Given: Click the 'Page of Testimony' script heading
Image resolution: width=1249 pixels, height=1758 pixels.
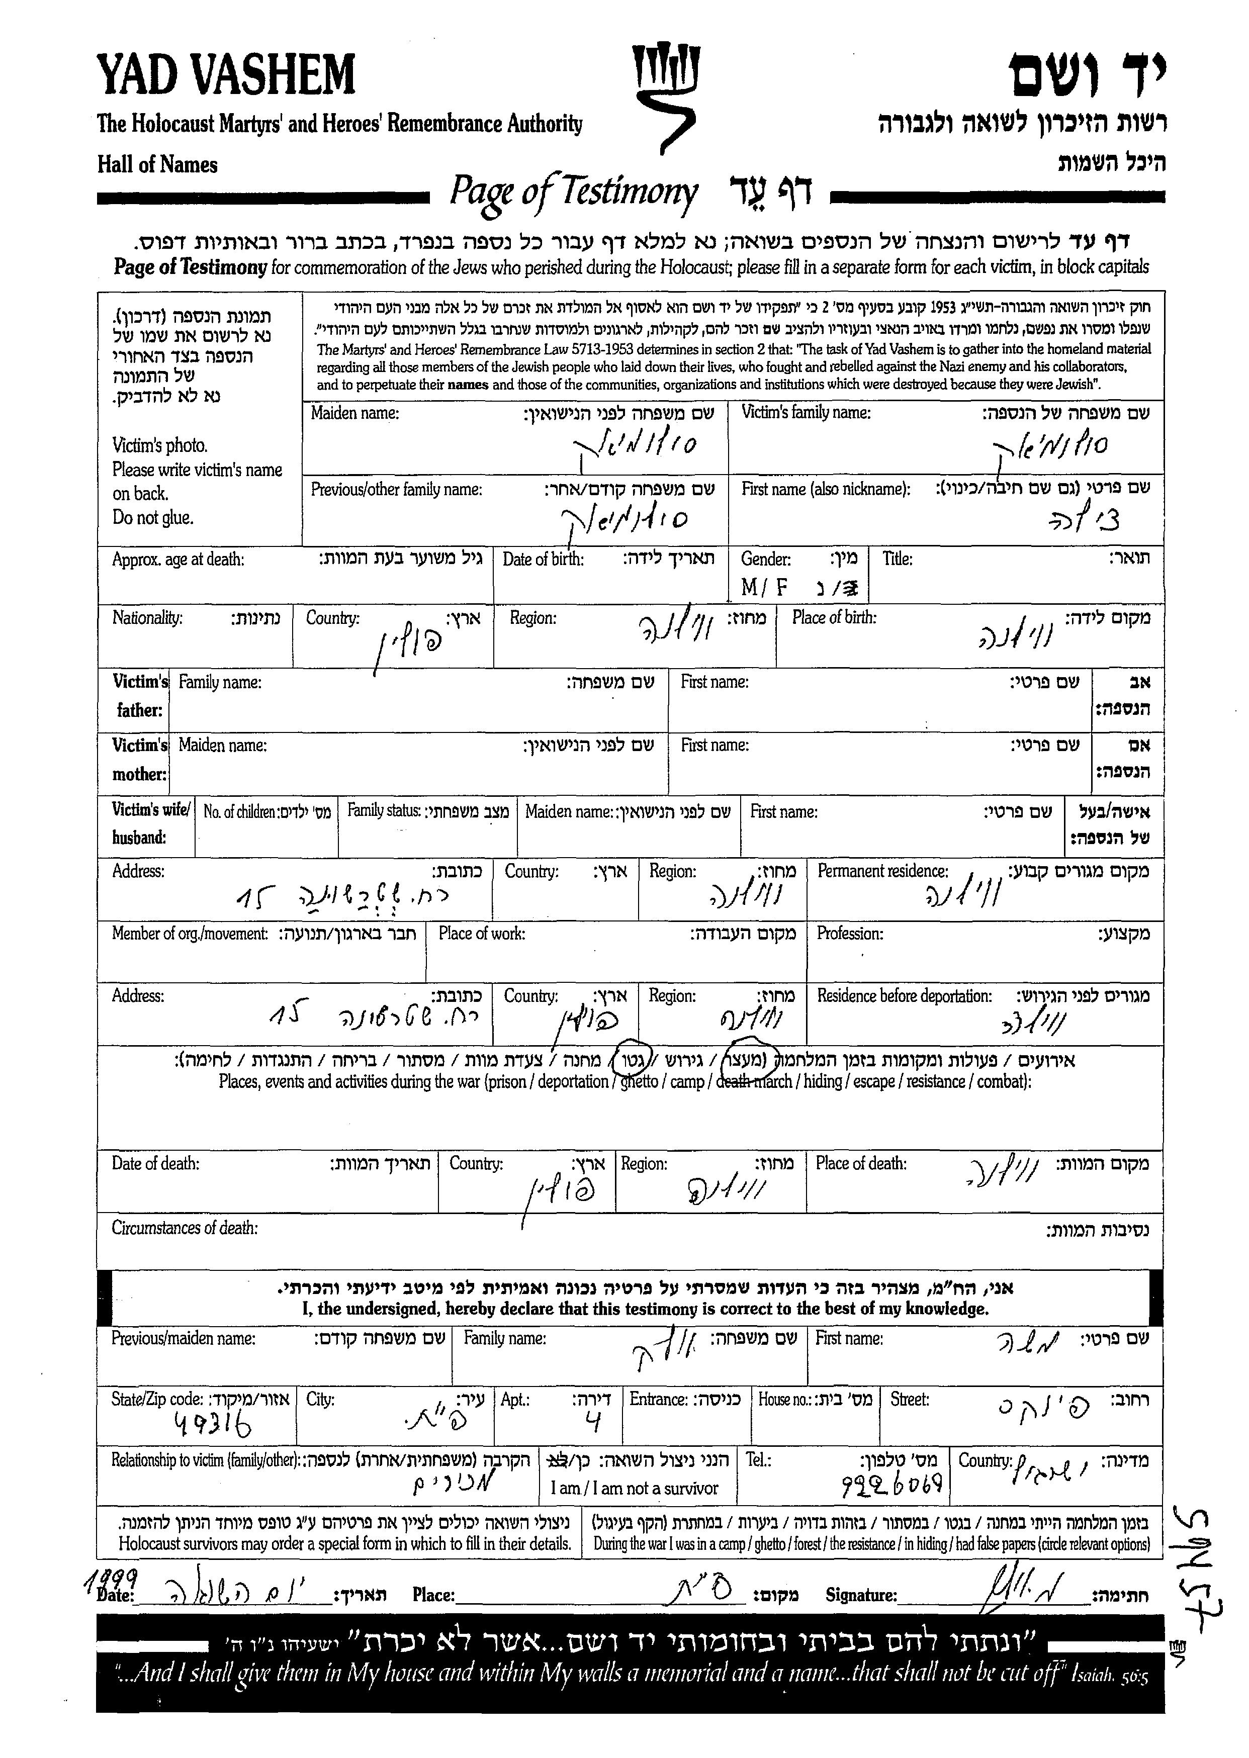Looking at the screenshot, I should pos(573,192).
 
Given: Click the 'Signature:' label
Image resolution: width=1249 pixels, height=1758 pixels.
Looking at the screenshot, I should pos(861,1596).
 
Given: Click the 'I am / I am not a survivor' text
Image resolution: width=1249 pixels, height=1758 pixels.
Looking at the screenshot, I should pos(634,1488).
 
